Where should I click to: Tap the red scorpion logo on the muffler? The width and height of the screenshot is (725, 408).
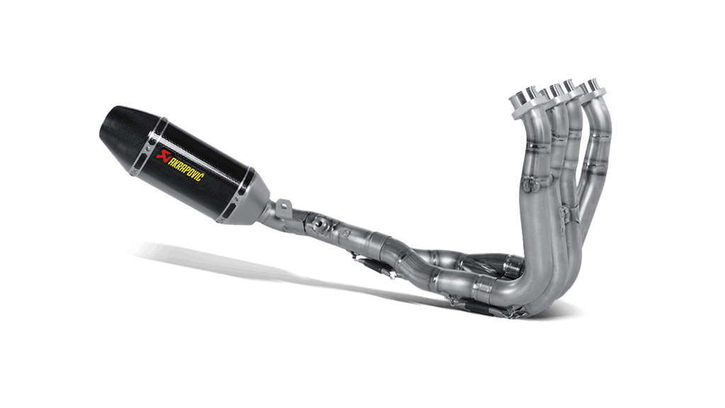tap(162, 154)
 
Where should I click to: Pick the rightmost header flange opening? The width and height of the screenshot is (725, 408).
tap(593, 86)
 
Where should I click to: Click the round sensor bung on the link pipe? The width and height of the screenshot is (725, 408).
tap(319, 223)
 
